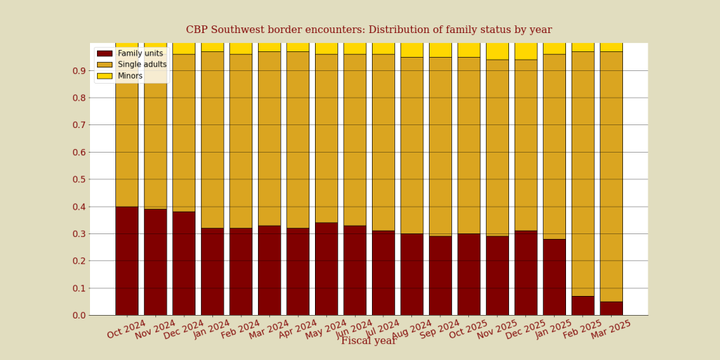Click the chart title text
[x=368, y=30]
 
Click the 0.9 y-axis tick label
[x=77, y=70]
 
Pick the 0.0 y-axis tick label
[x=77, y=315]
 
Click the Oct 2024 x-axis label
[x=127, y=329]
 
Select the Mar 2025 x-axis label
[x=612, y=329]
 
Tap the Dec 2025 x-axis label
[x=526, y=329]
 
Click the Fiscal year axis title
[x=368, y=341]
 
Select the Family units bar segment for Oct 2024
[x=127, y=261]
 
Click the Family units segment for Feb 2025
[x=583, y=306]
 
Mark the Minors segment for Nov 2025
[x=497, y=51]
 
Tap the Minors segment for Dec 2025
[x=526, y=51]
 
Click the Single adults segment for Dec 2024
[x=184, y=133]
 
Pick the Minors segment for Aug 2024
[x=412, y=50]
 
